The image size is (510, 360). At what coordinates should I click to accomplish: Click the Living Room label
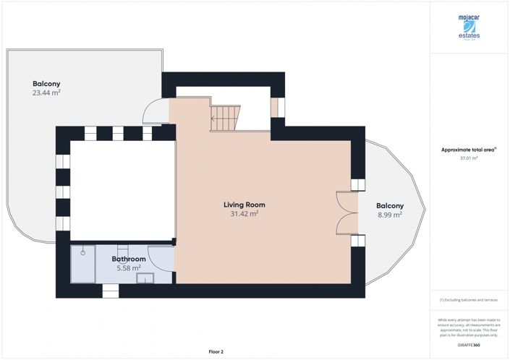click(x=244, y=205)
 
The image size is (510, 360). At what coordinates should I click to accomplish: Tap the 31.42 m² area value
click(x=244, y=214)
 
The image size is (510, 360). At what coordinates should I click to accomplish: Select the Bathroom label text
click(x=129, y=259)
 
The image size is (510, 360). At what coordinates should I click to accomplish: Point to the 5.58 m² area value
click(x=129, y=268)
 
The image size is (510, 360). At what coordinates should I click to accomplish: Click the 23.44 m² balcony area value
click(x=45, y=93)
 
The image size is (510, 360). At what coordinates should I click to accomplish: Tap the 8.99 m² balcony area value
click(x=390, y=215)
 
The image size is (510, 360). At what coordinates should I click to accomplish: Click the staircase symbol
click(x=225, y=117)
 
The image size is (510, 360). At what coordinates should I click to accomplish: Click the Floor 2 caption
click(x=216, y=351)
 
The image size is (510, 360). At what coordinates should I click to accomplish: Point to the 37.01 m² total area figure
click(x=469, y=158)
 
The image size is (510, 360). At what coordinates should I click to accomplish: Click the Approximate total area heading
click(x=468, y=149)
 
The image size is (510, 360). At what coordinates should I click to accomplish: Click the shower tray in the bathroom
click(x=82, y=264)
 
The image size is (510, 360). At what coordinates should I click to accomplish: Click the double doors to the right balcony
click(x=348, y=213)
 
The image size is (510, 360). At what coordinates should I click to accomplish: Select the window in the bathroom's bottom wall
click(x=110, y=291)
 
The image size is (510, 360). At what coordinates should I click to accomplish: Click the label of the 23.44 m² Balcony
click(x=45, y=83)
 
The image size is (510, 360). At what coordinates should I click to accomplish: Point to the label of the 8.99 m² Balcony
click(x=390, y=205)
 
